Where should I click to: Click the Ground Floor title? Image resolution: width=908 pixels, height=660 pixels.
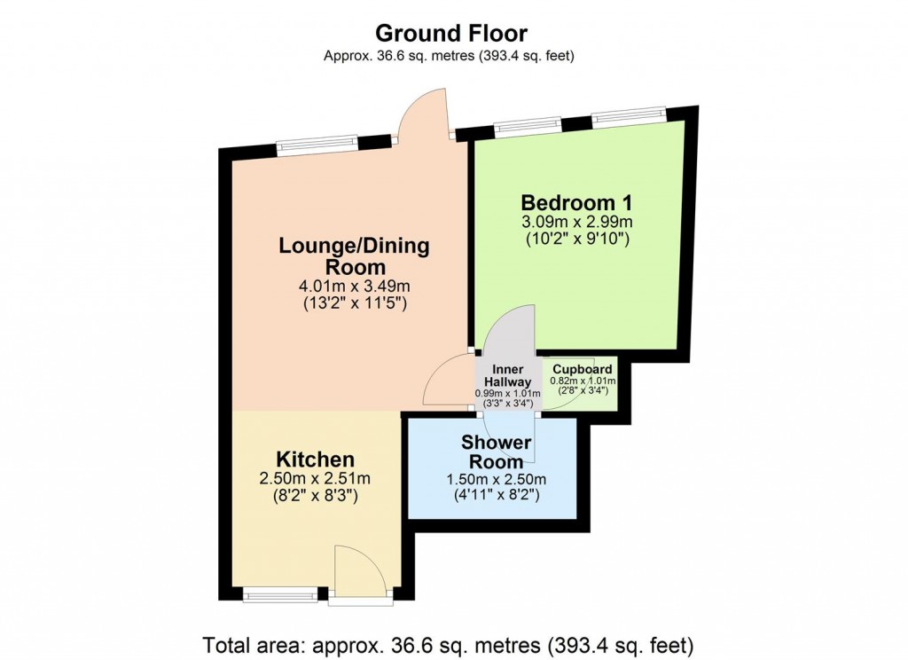point(451,34)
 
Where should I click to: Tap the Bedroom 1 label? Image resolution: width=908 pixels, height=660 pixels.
point(576,201)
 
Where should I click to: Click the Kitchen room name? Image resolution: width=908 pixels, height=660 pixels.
point(316,460)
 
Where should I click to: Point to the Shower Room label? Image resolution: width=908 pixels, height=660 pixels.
point(496,452)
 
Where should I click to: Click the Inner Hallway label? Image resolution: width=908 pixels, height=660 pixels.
point(507,375)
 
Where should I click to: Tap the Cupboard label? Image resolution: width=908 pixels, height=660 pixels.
point(582,369)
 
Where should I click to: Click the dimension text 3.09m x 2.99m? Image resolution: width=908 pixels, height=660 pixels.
point(576,221)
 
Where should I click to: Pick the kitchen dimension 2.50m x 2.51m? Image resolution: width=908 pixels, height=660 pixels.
point(316,479)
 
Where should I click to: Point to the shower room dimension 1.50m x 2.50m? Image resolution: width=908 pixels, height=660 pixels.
point(492,479)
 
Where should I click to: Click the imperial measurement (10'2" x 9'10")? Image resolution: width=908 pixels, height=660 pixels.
point(576,238)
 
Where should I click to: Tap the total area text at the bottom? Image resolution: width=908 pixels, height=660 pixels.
point(449,643)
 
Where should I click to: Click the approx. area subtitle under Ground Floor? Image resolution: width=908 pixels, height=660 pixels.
point(450,57)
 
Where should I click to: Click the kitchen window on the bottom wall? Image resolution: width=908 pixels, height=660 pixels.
point(280,596)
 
